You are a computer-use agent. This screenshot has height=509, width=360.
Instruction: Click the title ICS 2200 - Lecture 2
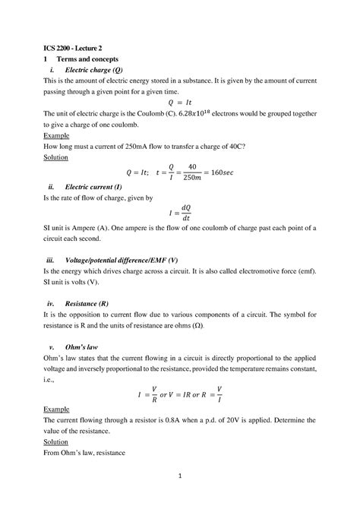(x=75, y=47)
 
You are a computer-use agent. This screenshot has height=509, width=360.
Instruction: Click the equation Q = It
(x=179, y=103)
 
